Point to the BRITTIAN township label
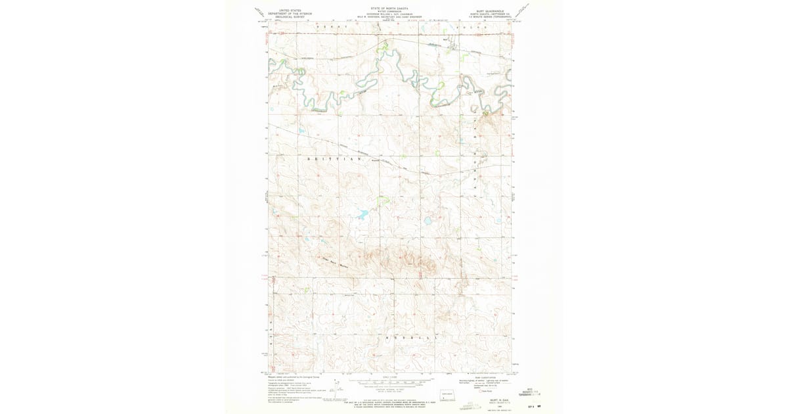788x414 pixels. tap(335, 159)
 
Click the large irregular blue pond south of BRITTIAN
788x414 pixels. tap(361, 214)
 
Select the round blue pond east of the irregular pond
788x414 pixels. tap(427, 221)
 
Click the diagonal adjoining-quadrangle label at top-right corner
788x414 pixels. tap(525, 11)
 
